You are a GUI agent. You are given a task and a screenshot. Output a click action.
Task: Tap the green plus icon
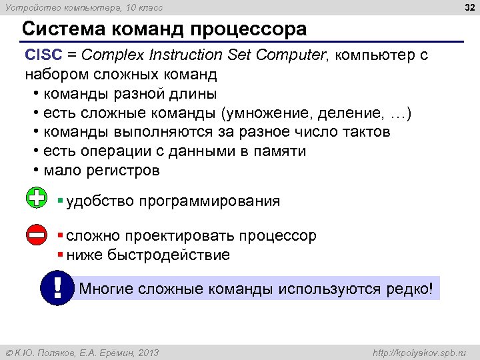coord(37,198)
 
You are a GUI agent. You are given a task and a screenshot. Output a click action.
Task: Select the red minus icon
coord(37,235)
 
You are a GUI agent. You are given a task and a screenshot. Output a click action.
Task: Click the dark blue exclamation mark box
coord(57,288)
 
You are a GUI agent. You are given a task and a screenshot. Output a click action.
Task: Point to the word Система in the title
coord(59,30)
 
